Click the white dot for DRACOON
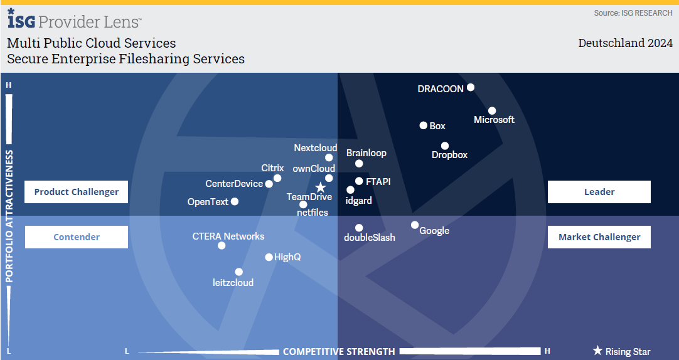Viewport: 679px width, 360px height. pos(470,87)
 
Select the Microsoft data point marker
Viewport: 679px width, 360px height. pos(492,111)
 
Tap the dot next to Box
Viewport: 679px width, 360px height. pos(424,125)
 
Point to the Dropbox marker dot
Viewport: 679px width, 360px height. pos(445,146)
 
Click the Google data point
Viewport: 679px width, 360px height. pos(415,225)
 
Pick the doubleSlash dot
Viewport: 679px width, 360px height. pos(359,228)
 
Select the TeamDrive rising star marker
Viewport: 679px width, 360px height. pos(321,188)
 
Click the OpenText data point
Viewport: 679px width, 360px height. pos(235,201)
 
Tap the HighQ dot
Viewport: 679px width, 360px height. pos(269,257)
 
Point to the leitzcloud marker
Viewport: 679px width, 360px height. pos(238,272)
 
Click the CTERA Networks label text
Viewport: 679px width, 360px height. pos(228,236)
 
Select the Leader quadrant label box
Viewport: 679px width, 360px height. pos(599,192)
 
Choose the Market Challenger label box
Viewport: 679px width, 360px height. pos(599,236)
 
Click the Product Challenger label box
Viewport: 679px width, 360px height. pos(76,192)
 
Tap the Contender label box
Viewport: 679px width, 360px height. pos(76,236)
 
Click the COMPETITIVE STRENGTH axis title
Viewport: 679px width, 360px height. pos(339,351)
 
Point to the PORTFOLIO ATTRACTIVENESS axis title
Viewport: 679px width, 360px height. pos(9,216)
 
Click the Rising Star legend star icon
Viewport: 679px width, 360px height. pos(597,351)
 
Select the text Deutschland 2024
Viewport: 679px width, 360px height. pos(625,43)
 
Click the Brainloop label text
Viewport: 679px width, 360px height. pos(366,153)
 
